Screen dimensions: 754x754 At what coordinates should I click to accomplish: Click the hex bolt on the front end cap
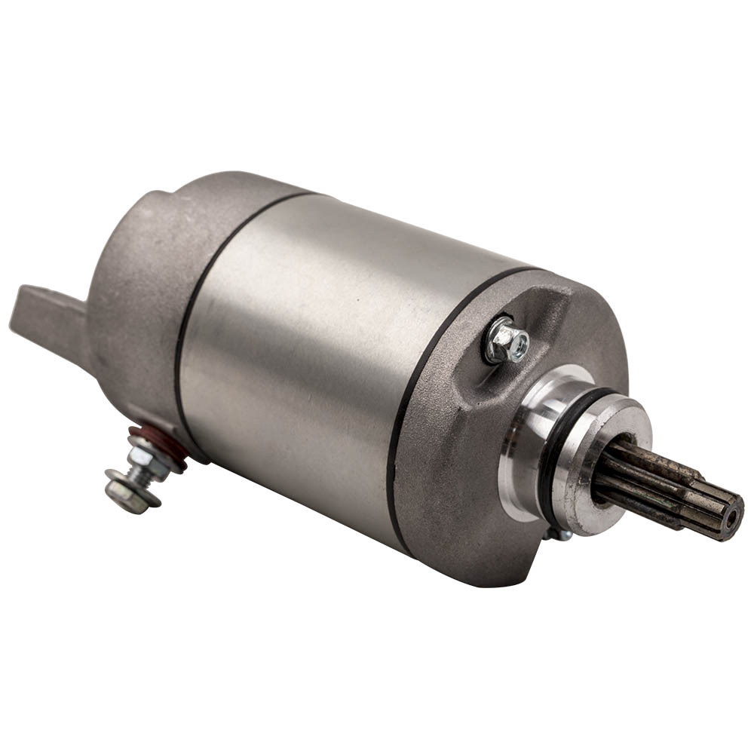click(x=507, y=340)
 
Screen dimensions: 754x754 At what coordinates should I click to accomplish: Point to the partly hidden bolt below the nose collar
click(x=558, y=534)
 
